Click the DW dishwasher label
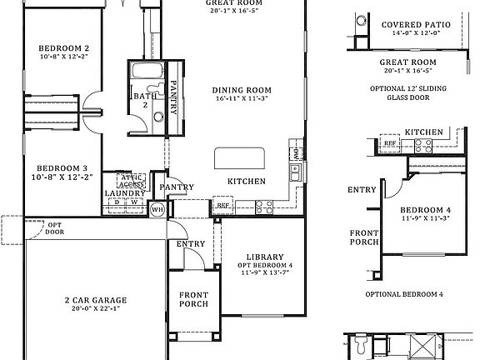point(296,154)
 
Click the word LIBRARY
point(265,257)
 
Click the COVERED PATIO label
point(416,25)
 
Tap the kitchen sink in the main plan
point(296,173)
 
